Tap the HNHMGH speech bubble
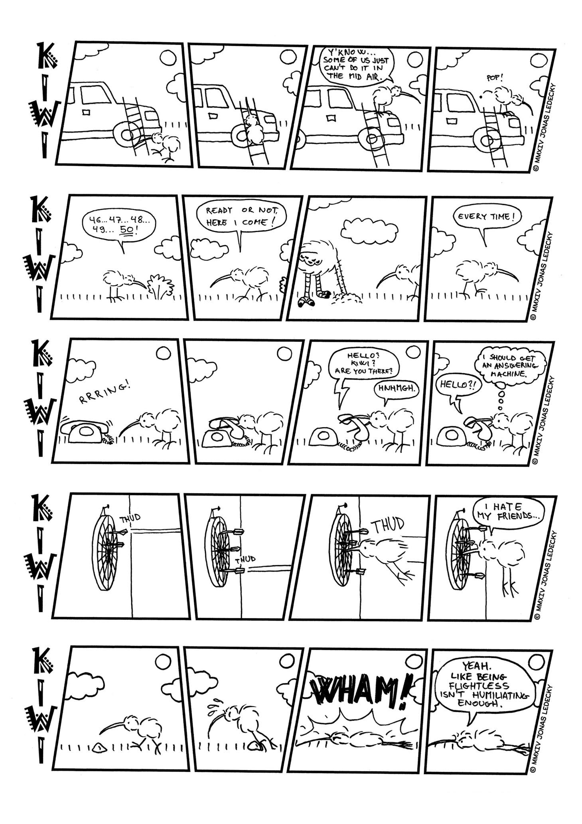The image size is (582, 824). pos(395,390)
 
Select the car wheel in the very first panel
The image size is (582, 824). pos(126,134)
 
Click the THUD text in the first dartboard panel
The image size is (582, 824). pos(130,518)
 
